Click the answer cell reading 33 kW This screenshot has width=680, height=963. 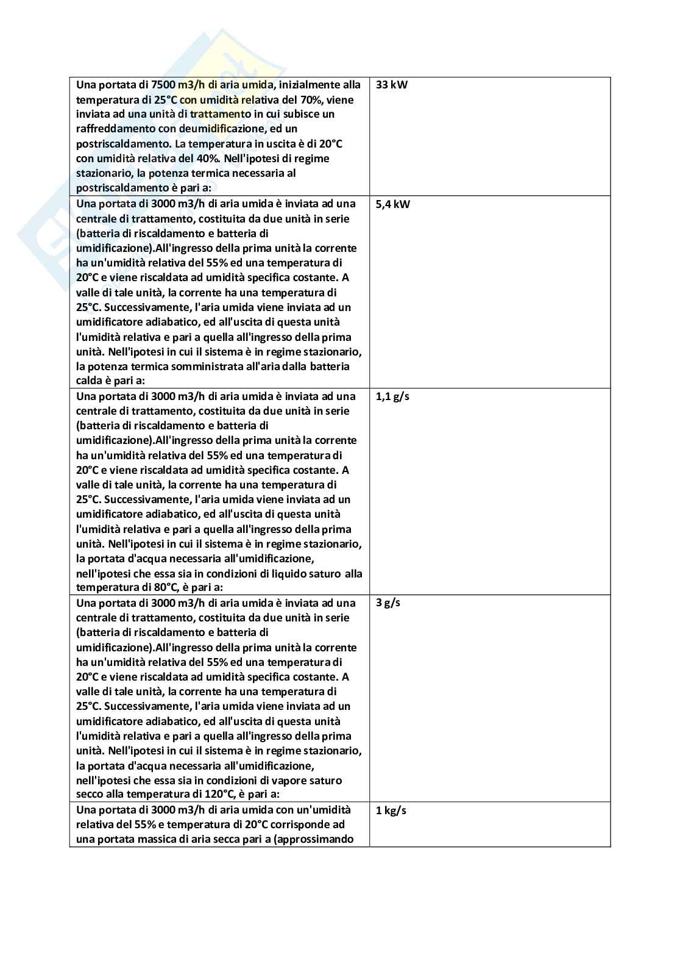coord(391,85)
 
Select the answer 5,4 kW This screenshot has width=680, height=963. coord(393,204)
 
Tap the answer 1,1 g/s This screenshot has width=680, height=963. coord(392,396)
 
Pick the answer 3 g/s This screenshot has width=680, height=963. coord(388,603)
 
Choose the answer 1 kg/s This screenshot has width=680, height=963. coord(391,811)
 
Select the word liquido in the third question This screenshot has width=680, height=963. coord(281,573)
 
